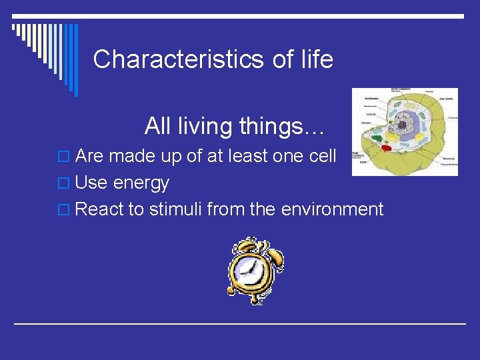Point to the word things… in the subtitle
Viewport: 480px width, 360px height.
[287, 125]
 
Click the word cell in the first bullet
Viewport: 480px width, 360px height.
[323, 156]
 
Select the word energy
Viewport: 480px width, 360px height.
[141, 183]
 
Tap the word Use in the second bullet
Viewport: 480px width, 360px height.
[91, 183]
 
